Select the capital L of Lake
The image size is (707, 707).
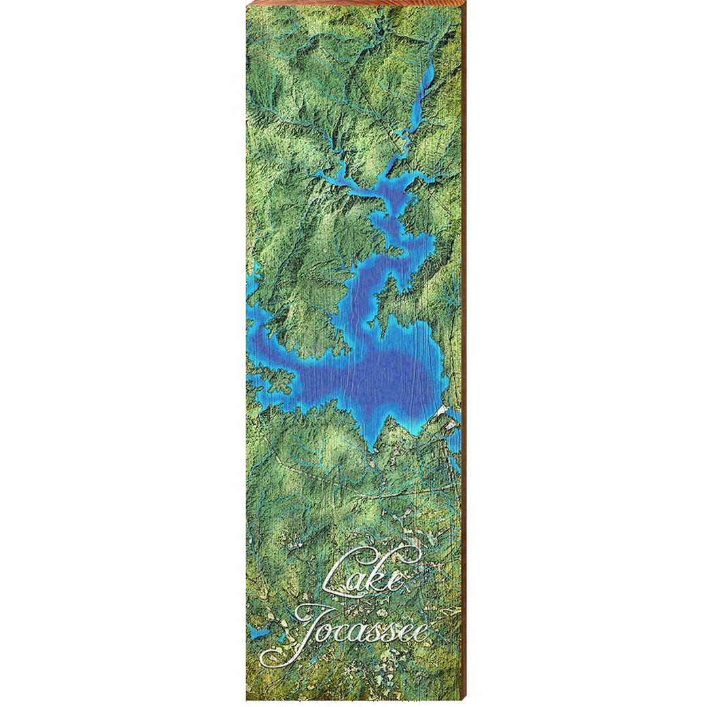pos(344,575)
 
